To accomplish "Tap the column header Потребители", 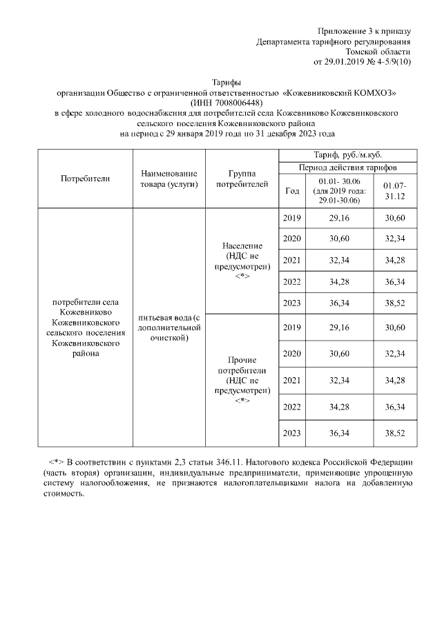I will tap(86, 179).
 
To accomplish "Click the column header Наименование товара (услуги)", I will tap(169, 179).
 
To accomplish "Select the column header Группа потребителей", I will tap(242, 179).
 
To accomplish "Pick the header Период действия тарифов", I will tap(347, 168).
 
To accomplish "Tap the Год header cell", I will tap(292, 191).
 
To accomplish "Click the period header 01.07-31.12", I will tap(396, 191).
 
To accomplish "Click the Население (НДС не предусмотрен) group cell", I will tap(242, 261).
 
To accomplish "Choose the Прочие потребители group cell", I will tap(242, 380).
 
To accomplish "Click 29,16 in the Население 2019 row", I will tap(338, 219).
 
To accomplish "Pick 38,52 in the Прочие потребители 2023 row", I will tap(396, 432).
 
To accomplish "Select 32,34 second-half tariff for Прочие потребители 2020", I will tap(396, 353).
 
